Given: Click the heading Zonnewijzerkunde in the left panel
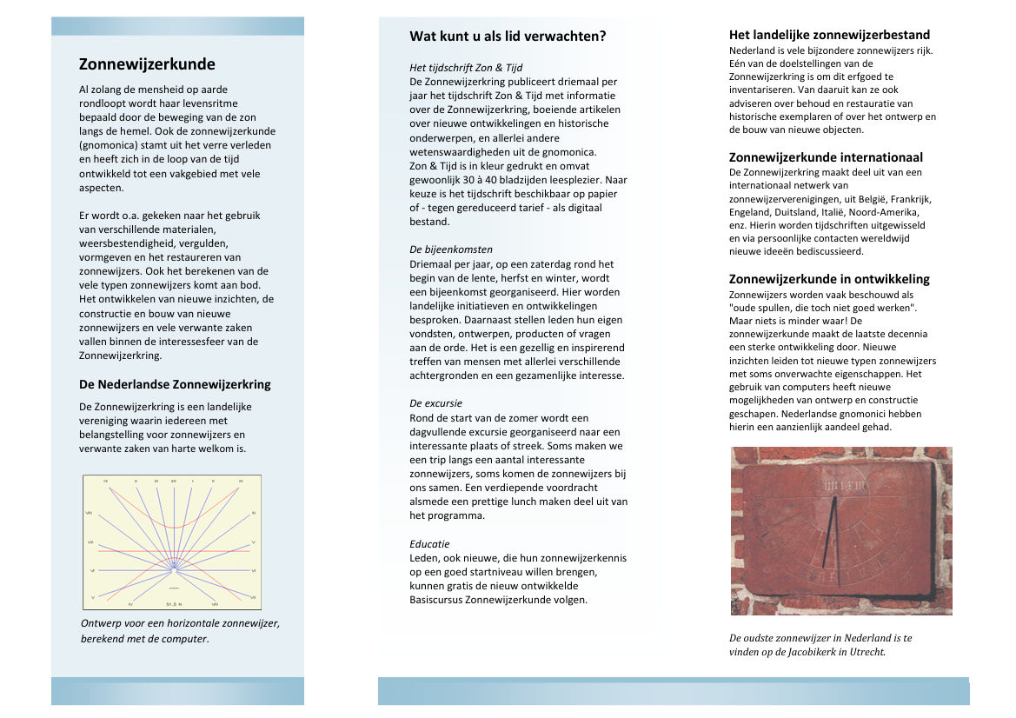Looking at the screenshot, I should (x=147, y=64).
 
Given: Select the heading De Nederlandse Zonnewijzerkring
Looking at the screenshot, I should (x=175, y=384).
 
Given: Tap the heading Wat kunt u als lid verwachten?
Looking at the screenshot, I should (x=508, y=37).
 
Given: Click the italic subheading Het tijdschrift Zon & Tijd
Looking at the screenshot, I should (x=466, y=68).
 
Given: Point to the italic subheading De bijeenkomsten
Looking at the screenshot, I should (x=451, y=249).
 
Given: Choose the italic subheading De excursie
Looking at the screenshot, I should (x=435, y=403).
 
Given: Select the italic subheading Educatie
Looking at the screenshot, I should (x=429, y=544).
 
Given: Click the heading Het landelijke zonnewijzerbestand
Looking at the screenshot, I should (x=829, y=36).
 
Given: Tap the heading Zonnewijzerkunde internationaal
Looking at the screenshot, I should (x=826, y=157).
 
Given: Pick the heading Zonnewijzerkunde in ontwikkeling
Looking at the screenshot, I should (x=829, y=279).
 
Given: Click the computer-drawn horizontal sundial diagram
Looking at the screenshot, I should (x=172, y=542).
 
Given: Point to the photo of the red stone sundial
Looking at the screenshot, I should (x=840, y=530).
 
